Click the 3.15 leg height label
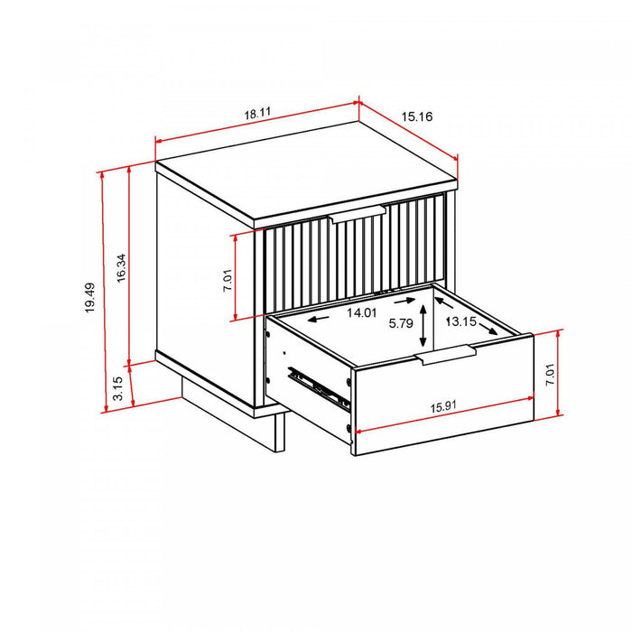[x=118, y=389]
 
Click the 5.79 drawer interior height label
[x=400, y=322]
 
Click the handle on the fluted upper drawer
[x=358, y=214]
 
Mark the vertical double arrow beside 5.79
[x=423, y=330]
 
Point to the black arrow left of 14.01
[x=317, y=318]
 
